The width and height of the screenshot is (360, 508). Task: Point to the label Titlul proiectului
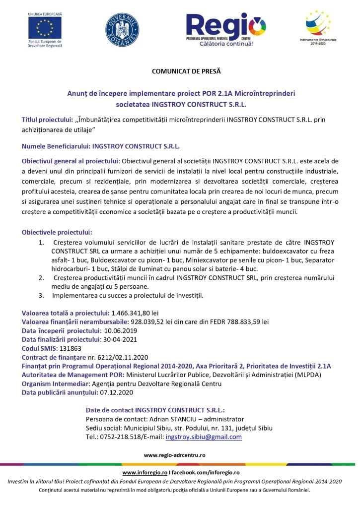[48, 120]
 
